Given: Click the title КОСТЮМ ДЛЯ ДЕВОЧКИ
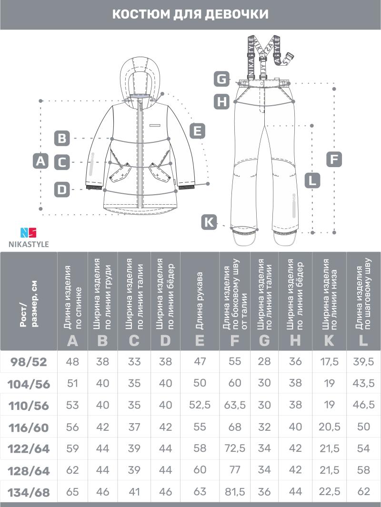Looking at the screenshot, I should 190,14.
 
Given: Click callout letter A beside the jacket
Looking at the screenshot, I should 41,161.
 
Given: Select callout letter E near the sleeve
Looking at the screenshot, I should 197,130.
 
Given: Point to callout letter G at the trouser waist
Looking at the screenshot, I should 222,79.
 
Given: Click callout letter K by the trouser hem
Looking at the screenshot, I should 209,222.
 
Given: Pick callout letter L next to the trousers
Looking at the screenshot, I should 312,180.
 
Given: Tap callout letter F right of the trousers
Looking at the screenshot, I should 335,159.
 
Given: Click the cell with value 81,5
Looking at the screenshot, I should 235,492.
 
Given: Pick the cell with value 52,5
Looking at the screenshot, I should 200,405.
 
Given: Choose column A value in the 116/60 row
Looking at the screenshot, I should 73,427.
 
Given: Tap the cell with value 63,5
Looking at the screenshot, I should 235,405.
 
